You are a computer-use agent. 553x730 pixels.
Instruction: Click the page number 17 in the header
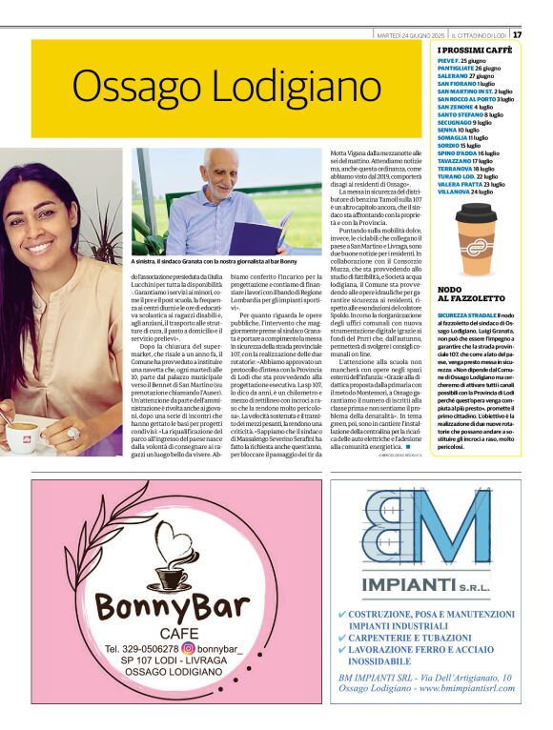517,34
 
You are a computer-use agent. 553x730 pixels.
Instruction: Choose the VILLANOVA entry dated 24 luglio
456,191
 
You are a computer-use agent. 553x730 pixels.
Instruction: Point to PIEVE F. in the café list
447,61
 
